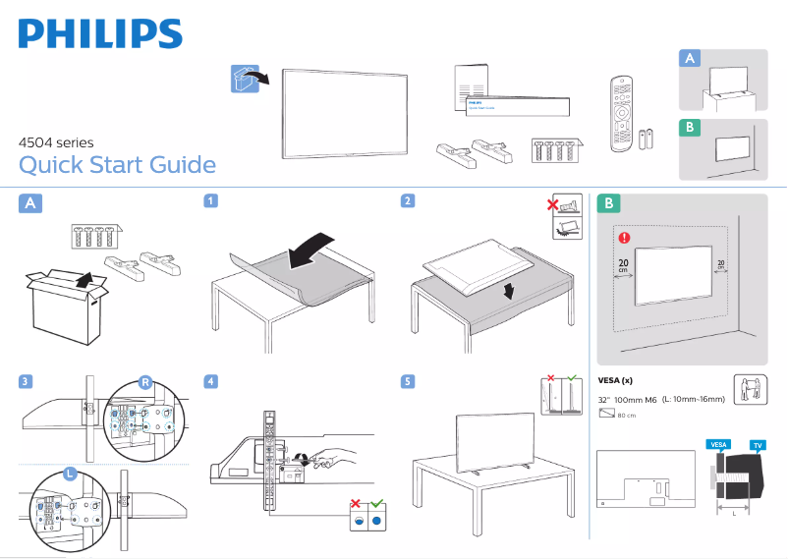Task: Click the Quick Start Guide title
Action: [117, 164]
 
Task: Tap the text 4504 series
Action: [56, 142]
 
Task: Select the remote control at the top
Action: [620, 114]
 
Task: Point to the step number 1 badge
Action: [210, 201]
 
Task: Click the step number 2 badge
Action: [407, 201]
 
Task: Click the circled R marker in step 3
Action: [145, 382]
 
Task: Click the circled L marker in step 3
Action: [70, 474]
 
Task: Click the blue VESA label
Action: [718, 445]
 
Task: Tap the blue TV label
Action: [758, 445]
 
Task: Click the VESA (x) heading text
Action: [615, 380]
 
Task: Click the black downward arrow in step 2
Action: [506, 293]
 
